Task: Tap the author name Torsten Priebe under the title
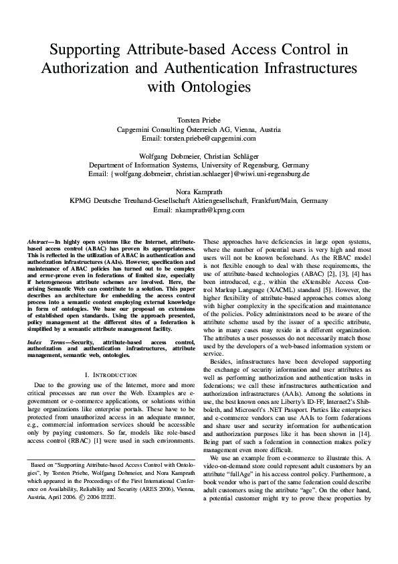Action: click(199, 119)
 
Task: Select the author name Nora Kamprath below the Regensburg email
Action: click(199, 191)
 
